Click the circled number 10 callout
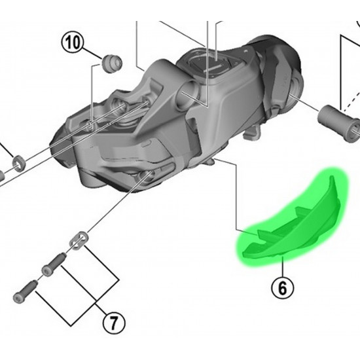click(72, 43)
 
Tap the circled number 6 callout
click(282, 287)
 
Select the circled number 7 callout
click(114, 323)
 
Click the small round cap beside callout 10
click(111, 63)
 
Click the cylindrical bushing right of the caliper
click(338, 124)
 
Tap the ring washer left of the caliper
click(19, 163)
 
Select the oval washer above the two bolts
click(79, 241)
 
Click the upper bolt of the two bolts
click(54, 264)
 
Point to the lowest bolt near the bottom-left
click(26, 290)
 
